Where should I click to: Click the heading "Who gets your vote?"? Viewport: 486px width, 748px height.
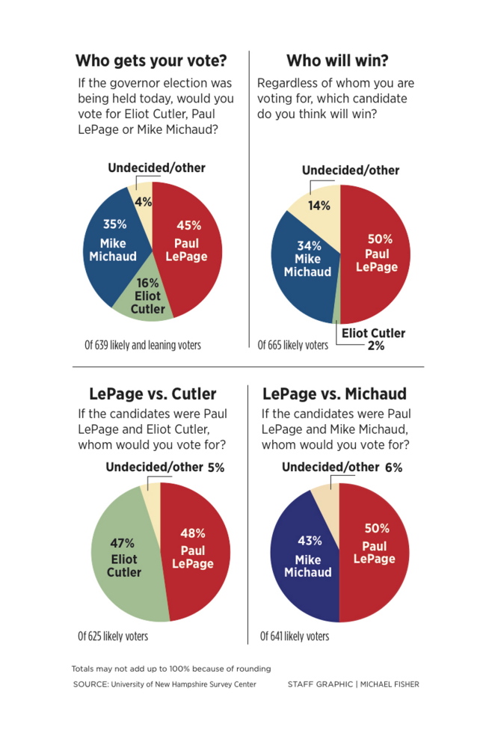click(x=152, y=61)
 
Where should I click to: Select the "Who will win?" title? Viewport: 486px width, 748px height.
click(x=337, y=61)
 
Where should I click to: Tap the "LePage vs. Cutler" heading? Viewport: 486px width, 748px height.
click(x=153, y=394)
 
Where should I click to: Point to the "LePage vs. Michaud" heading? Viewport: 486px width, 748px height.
click(x=334, y=394)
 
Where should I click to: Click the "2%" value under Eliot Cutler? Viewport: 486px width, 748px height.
click(x=375, y=346)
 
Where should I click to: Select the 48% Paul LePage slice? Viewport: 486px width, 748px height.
click(x=196, y=550)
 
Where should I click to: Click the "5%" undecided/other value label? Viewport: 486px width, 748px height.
click(x=215, y=468)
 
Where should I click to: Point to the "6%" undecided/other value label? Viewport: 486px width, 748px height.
click(x=394, y=468)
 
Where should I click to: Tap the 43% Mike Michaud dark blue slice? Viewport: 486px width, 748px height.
click(x=303, y=561)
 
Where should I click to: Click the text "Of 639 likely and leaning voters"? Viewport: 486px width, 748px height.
click(x=143, y=345)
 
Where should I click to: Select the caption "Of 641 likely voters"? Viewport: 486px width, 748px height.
click(x=295, y=637)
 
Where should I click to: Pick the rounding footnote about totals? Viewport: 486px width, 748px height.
click(x=171, y=669)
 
